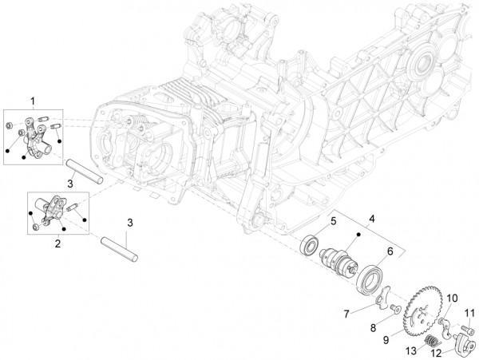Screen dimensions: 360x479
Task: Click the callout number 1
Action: coord(33,100)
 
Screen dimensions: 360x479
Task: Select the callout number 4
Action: coord(370,217)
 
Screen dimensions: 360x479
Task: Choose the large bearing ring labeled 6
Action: coord(370,280)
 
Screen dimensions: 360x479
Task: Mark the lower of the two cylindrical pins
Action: coord(120,247)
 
